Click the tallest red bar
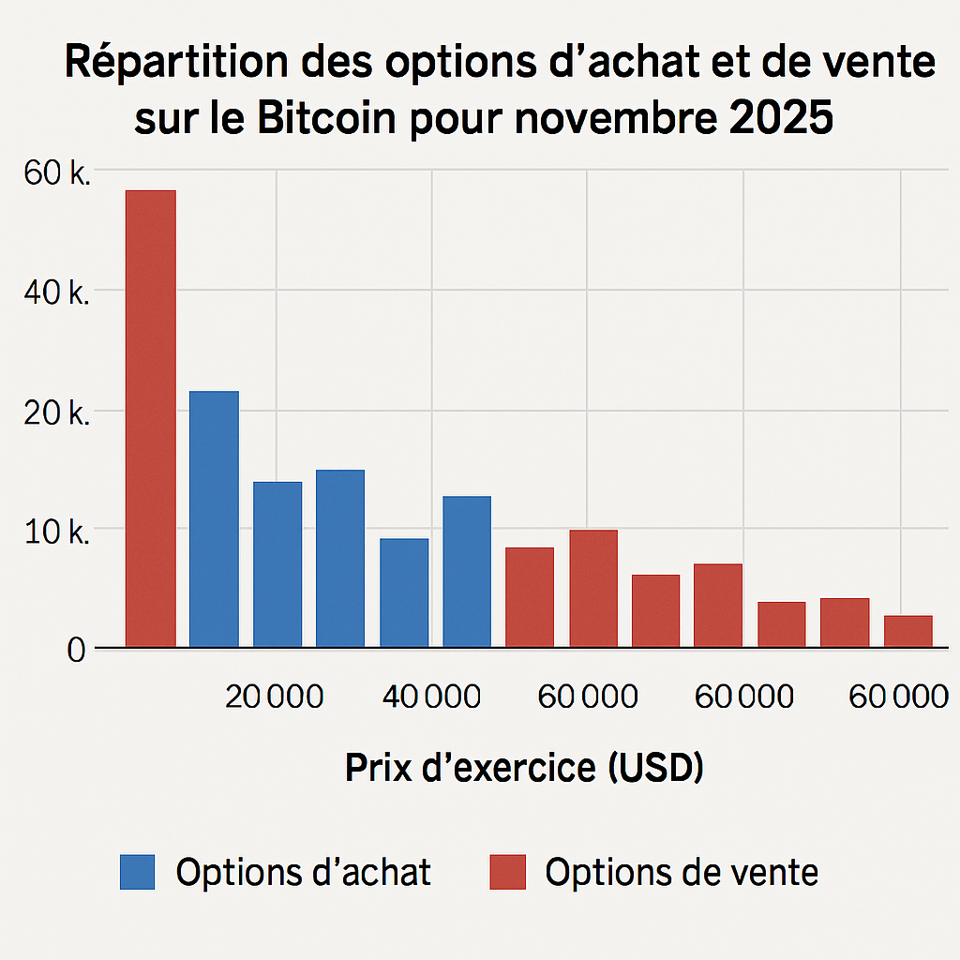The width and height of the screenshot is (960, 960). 151,418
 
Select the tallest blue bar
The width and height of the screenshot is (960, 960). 214,518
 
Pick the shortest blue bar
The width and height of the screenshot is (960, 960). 404,592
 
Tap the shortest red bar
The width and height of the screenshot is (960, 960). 907,631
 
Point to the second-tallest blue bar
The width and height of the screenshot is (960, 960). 340,558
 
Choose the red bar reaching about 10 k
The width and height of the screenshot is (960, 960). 593,588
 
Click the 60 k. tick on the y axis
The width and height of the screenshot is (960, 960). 53,172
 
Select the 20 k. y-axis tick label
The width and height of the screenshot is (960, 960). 53,412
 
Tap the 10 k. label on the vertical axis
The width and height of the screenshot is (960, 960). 53,532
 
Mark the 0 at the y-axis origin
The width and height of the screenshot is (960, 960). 76,650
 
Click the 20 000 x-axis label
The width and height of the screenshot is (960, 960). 276,697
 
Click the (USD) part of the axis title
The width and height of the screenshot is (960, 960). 655,768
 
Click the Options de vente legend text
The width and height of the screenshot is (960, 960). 682,872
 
